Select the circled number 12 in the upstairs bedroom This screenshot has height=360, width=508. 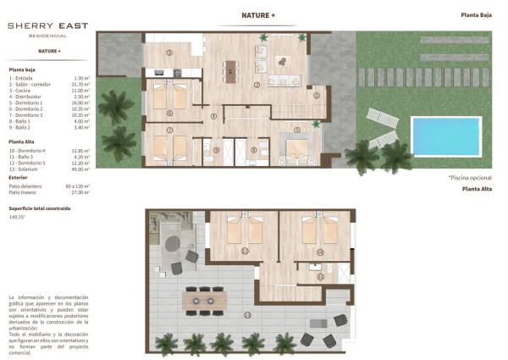tap(246, 252)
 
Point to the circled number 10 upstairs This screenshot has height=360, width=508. tap(320, 252)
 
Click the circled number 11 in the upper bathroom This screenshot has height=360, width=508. tap(320, 275)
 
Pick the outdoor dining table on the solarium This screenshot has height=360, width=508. tap(203, 299)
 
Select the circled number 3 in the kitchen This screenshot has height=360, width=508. tap(169, 53)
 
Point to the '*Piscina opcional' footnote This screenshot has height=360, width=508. tap(471, 178)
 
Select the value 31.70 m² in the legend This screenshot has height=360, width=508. tap(81, 85)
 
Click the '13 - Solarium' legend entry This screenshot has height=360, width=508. tap(28, 168)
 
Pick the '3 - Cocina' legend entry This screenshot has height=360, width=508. tap(24, 91)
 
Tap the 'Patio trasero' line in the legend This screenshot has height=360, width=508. tap(26, 191)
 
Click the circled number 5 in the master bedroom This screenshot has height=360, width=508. tap(296, 130)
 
